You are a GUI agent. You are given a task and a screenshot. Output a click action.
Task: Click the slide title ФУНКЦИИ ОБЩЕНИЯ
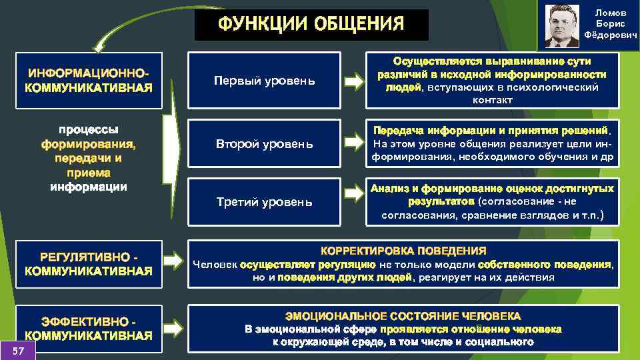coord(311,25)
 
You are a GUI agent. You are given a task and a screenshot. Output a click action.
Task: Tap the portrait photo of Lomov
coord(562,26)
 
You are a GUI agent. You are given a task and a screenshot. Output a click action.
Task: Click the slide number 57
coord(19,351)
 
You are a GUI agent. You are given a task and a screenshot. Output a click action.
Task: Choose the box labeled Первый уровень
coord(264,81)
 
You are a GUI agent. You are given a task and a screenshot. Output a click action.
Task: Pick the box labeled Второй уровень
coord(264,143)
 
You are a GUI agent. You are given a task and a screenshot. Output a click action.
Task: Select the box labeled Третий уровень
coord(264,201)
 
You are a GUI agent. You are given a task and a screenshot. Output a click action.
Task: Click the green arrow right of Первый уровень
coord(354,81)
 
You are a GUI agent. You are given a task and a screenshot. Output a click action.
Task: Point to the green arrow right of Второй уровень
coord(354,143)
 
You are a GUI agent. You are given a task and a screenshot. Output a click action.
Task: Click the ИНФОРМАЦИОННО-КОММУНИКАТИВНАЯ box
coord(89,80)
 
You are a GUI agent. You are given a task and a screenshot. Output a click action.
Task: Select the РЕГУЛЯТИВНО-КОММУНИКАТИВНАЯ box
coord(89,264)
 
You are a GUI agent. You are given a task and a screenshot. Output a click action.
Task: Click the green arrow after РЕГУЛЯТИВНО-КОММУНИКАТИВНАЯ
coord(175,260)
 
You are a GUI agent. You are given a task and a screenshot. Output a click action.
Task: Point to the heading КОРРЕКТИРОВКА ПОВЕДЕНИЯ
coord(403,251)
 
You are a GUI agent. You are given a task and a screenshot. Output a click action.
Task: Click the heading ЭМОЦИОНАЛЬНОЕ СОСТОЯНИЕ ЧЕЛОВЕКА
coord(403,316)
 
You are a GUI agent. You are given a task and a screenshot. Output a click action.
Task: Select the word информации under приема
coord(89,187)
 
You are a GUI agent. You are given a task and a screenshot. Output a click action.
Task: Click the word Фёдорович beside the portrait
coord(611,35)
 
